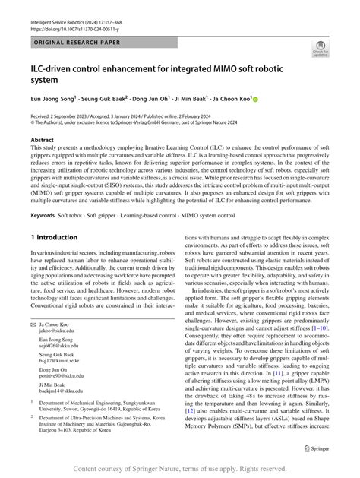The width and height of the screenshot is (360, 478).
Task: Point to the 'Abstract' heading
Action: click(42, 140)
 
